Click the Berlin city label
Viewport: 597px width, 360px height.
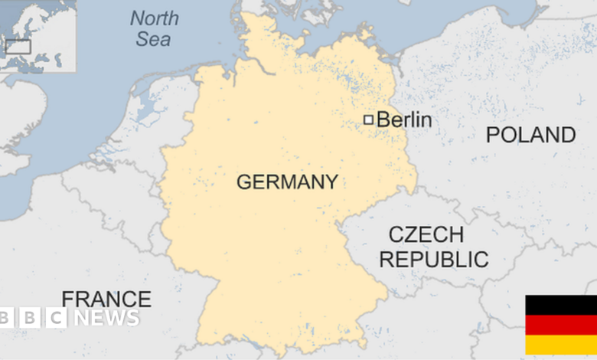point(404,119)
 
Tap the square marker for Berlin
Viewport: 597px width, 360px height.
point(368,119)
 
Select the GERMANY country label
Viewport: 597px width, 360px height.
point(287,182)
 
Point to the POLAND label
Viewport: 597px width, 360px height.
point(531,135)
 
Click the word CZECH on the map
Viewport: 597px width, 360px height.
point(426,234)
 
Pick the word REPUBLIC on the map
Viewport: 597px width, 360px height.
point(434,259)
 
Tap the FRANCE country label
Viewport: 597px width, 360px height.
point(106,299)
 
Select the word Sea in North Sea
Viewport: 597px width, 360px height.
point(153,38)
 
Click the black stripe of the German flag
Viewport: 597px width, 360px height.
point(560,305)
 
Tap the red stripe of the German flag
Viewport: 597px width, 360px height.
point(560,325)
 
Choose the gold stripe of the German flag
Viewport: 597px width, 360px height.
point(560,345)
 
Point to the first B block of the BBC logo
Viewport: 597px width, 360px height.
point(8,318)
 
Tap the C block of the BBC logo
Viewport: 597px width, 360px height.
point(56,318)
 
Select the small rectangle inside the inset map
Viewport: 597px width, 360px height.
point(18,47)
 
